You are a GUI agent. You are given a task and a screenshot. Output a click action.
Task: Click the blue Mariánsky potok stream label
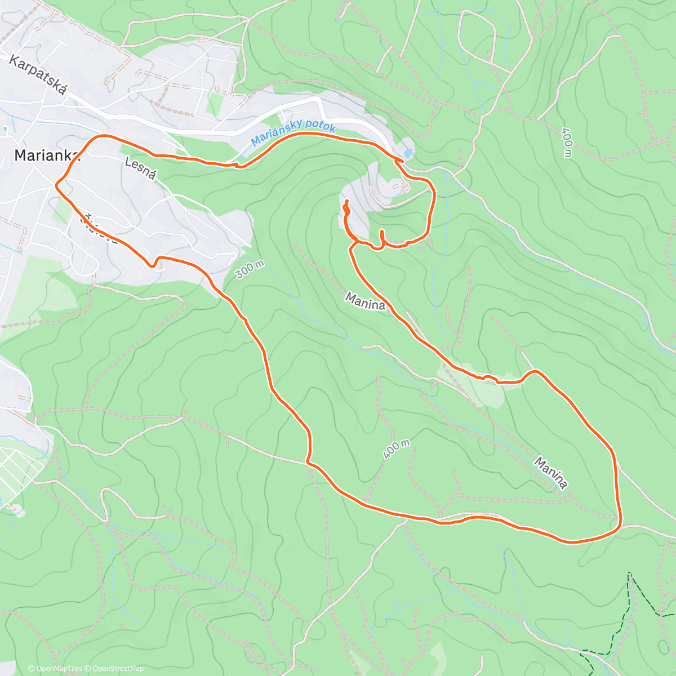pyautogui.click(x=293, y=132)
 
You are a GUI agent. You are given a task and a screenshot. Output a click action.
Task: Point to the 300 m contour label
pyautogui.click(x=250, y=269)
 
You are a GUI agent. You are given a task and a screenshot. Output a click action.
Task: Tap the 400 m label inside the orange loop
pyautogui.click(x=396, y=449)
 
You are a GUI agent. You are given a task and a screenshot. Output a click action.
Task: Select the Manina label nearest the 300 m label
pyautogui.click(x=366, y=301)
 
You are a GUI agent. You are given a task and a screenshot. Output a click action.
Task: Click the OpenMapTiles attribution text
pyautogui.click(x=55, y=669)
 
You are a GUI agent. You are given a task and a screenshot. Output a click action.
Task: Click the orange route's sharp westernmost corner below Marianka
pyautogui.click(x=56, y=183)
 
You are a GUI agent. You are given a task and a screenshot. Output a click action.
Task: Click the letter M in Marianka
pyautogui.click(x=20, y=155)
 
